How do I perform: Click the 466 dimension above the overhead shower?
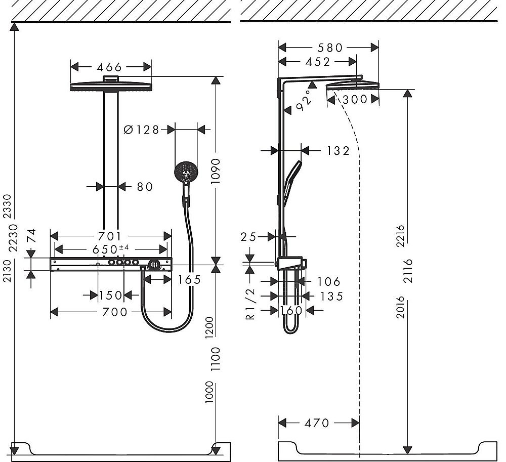(110, 67)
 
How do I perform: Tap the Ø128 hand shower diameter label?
(141, 130)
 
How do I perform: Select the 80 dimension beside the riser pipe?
(144, 187)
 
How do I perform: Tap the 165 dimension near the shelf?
(189, 279)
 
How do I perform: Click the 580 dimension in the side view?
(329, 48)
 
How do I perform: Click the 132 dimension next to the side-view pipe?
(338, 150)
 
